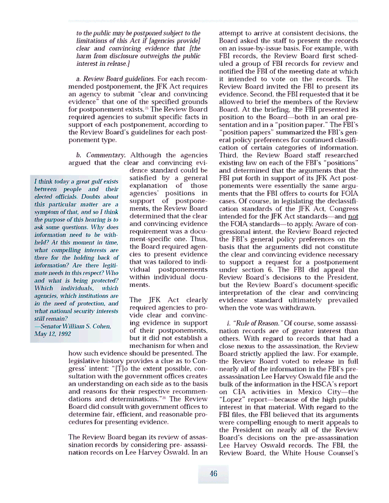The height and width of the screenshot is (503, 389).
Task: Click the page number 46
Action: (213, 474)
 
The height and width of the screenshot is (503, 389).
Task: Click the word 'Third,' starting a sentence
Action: (231, 155)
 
